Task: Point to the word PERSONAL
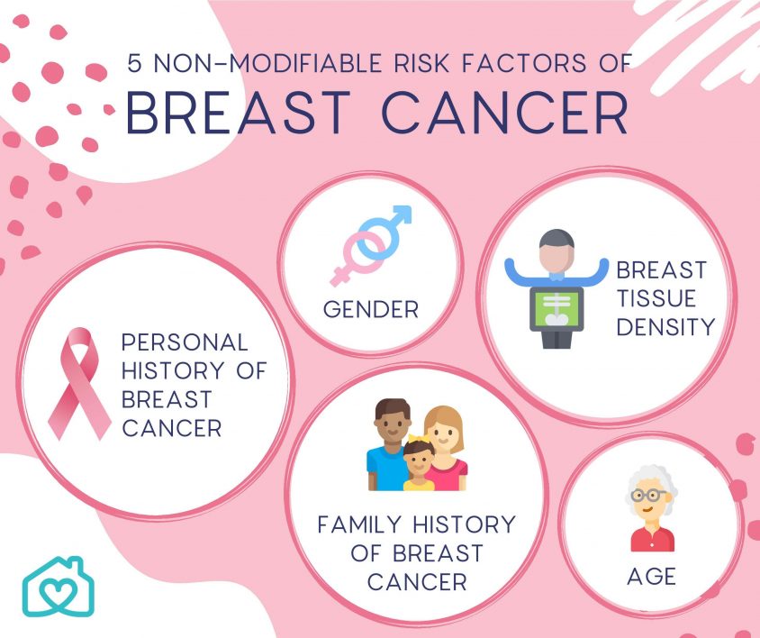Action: pyautogui.click(x=184, y=342)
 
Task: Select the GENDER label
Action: pyautogui.click(x=371, y=310)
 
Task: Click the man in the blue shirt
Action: pyautogui.click(x=389, y=446)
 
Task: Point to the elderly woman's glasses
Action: pyautogui.click(x=650, y=495)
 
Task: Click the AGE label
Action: pyautogui.click(x=651, y=576)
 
